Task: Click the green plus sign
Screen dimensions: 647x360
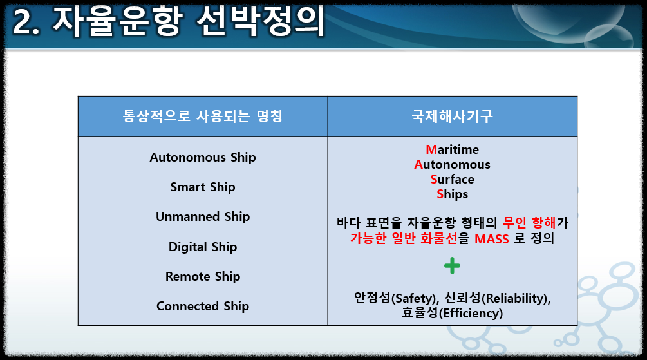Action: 452,266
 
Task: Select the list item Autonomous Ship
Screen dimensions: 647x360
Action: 203,158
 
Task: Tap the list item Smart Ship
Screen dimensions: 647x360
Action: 203,187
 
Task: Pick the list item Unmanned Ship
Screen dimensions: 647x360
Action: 203,217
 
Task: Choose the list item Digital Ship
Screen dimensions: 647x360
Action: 203,247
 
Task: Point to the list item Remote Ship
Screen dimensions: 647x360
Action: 203,277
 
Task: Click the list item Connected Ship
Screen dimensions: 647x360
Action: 203,307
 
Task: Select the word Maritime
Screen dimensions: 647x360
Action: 452,149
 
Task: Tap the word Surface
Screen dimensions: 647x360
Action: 452,179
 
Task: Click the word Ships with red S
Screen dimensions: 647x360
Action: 452,194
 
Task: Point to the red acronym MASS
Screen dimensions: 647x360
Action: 491,239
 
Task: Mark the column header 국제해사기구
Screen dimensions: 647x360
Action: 452,117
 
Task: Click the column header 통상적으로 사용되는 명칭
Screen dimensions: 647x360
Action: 203,117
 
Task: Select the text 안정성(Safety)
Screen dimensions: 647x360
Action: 396,298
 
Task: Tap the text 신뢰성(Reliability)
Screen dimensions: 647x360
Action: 498,298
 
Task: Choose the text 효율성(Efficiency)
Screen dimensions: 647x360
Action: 452,313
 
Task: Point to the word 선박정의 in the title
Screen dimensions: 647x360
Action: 261,21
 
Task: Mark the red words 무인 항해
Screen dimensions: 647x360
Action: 529,223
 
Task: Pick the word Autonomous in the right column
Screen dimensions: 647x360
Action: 452,164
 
